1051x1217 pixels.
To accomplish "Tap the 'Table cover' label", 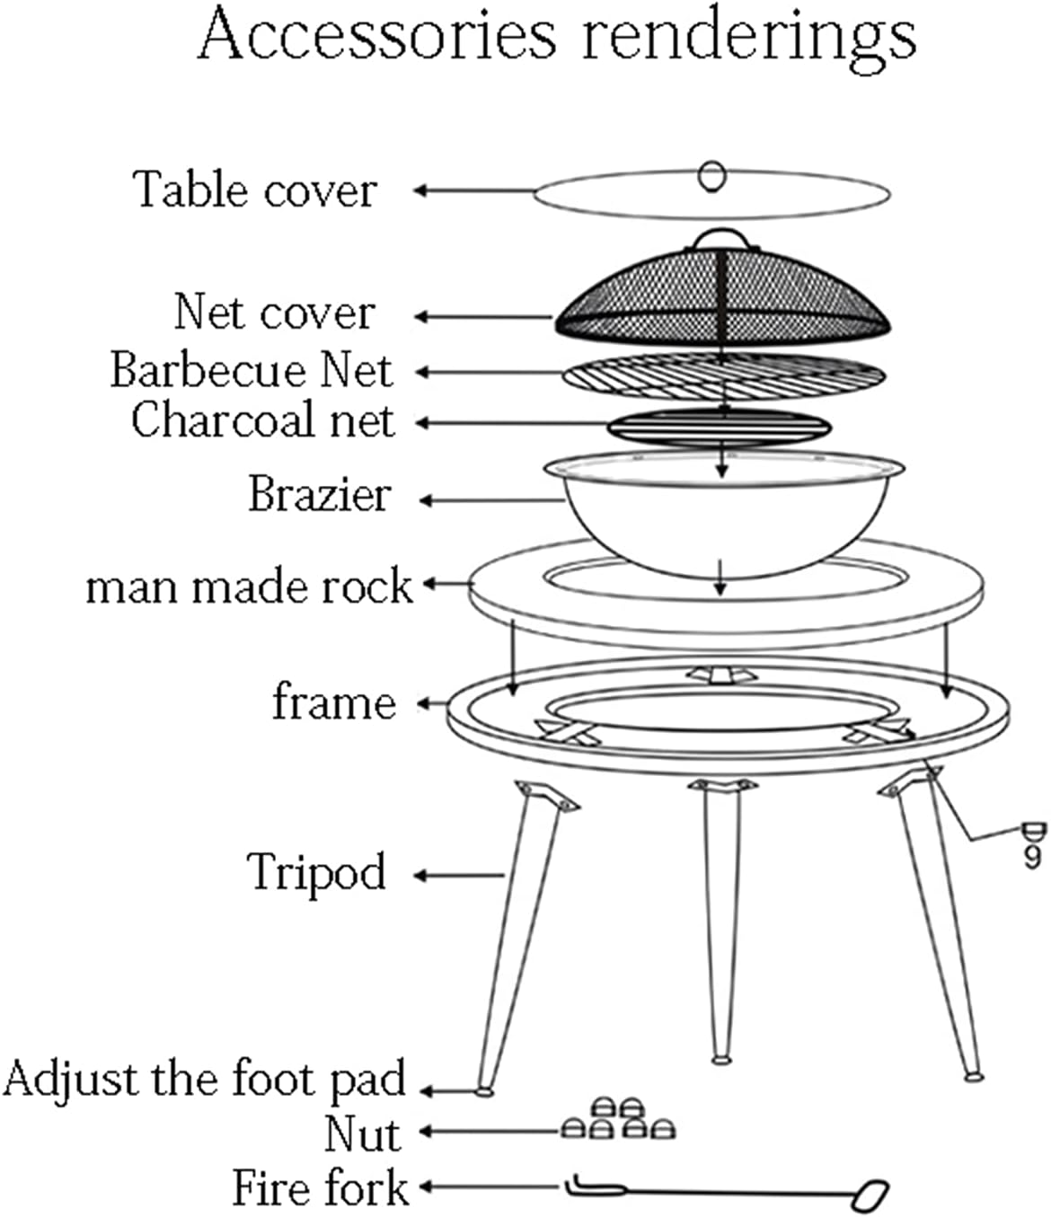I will point(255,190).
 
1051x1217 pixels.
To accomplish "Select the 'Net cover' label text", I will point(274,313).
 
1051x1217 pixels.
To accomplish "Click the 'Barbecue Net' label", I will point(252,370).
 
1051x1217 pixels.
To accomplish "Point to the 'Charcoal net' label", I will point(262,420).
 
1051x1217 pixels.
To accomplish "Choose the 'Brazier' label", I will point(320,494).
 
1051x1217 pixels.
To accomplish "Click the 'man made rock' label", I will point(249,586).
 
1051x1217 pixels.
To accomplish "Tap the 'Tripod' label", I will point(316,871).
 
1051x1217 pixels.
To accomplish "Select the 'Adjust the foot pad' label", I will point(205,1078).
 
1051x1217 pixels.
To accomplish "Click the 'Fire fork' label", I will point(321,1187).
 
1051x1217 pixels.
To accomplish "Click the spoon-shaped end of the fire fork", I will point(870,1194).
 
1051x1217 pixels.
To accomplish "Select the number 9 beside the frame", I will point(1032,858).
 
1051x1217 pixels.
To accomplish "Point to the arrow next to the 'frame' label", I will point(435,702).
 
